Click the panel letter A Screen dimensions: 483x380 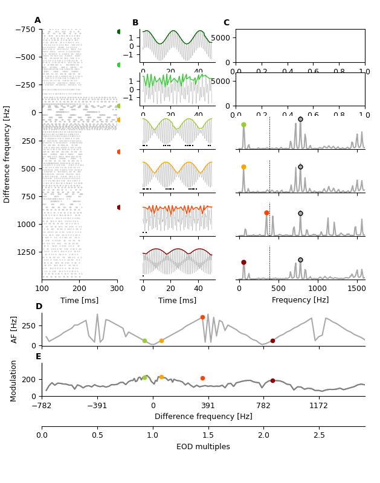(x=37, y=21)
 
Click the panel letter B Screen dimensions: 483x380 (x=135, y=23)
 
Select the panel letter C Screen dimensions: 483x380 (x=227, y=23)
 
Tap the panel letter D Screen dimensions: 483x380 (x=39, y=307)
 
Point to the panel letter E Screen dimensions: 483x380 (x=39, y=357)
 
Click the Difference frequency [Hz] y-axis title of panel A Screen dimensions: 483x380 (x=7, y=154)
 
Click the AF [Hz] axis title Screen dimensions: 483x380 (x=14, y=329)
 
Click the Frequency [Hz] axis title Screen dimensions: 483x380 (x=300, y=300)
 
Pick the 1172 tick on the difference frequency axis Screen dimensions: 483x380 (x=318, y=406)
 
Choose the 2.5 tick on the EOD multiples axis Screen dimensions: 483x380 (x=319, y=435)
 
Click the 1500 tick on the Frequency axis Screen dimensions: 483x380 (x=356, y=289)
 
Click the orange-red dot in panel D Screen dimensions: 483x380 (x=202, y=317)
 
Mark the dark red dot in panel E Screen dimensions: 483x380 (x=272, y=380)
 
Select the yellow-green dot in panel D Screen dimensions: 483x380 (x=144, y=341)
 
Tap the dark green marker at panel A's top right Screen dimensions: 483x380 (x=119, y=31)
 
